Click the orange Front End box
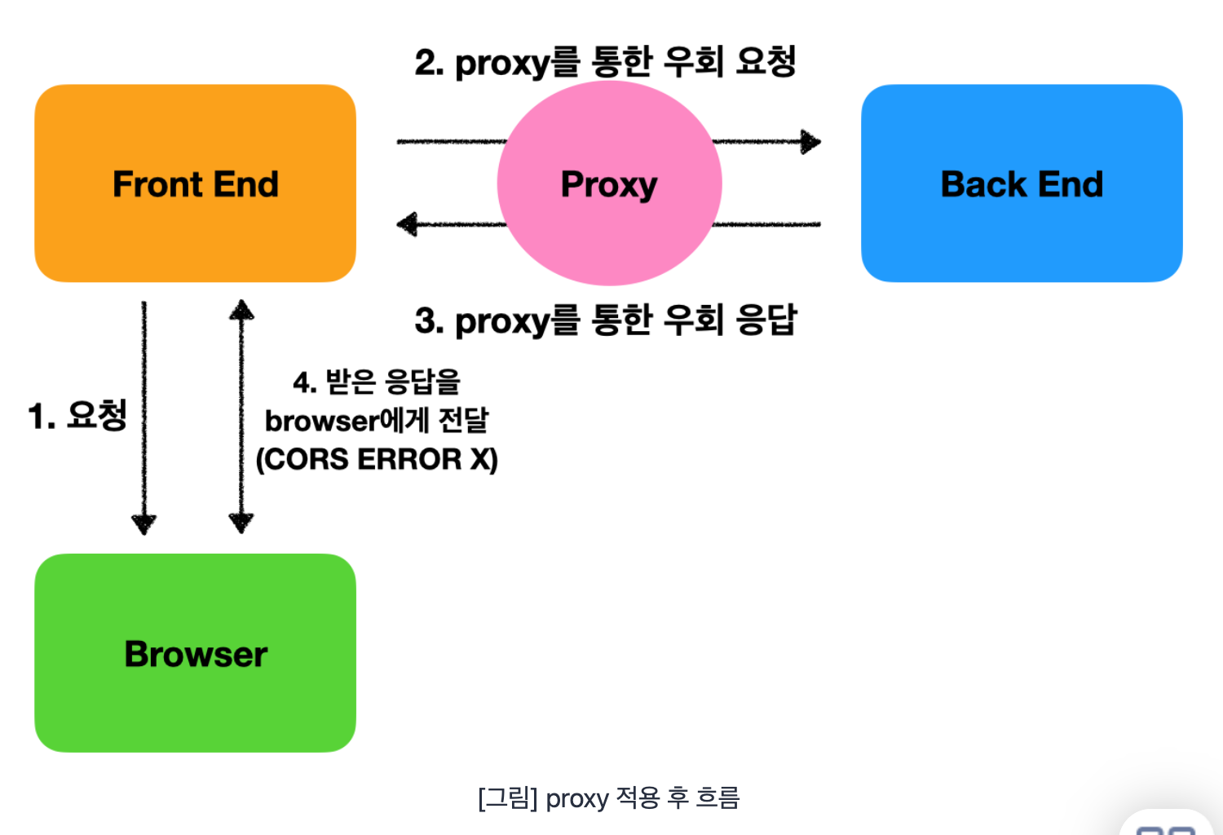pyautogui.click(x=195, y=183)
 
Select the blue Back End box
pyautogui.click(x=1022, y=183)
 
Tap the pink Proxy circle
pyautogui.click(x=609, y=183)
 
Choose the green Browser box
pyautogui.click(x=195, y=653)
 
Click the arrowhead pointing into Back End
pyautogui.click(x=810, y=142)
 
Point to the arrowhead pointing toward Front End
pyautogui.click(x=407, y=224)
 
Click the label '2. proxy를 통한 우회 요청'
pyautogui.click(x=605, y=63)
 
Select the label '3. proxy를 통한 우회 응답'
pyautogui.click(x=606, y=320)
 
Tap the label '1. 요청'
pyautogui.click(x=77, y=416)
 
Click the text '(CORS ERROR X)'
pyautogui.click(x=377, y=459)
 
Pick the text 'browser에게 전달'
pyautogui.click(x=377, y=421)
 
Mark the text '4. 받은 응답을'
pyautogui.click(x=377, y=381)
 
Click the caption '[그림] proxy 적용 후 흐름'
pyautogui.click(x=609, y=798)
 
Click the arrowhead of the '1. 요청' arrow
pyautogui.click(x=144, y=524)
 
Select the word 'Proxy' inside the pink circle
pyautogui.click(x=609, y=184)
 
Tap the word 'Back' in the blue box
pyautogui.click(x=983, y=184)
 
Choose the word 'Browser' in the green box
pyautogui.click(x=196, y=654)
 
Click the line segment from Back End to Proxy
pyautogui.click(x=766, y=224)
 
